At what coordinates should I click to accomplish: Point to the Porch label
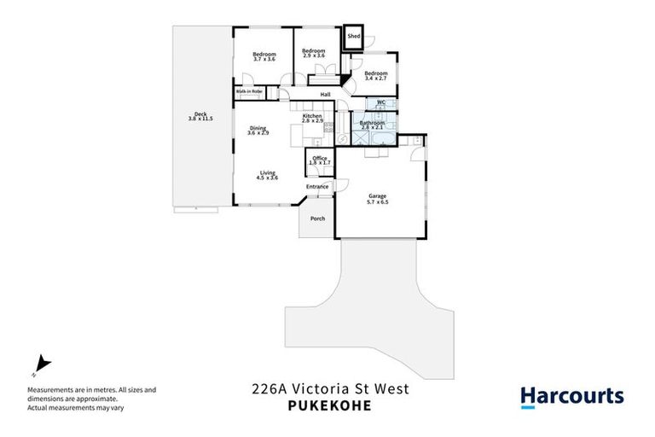click(x=317, y=218)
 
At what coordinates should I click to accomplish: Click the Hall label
click(x=325, y=94)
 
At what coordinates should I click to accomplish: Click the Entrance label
click(x=317, y=187)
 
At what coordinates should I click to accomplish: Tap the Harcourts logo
click(x=571, y=396)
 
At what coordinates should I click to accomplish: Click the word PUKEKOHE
click(x=328, y=406)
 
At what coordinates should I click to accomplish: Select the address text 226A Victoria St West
click(x=330, y=389)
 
